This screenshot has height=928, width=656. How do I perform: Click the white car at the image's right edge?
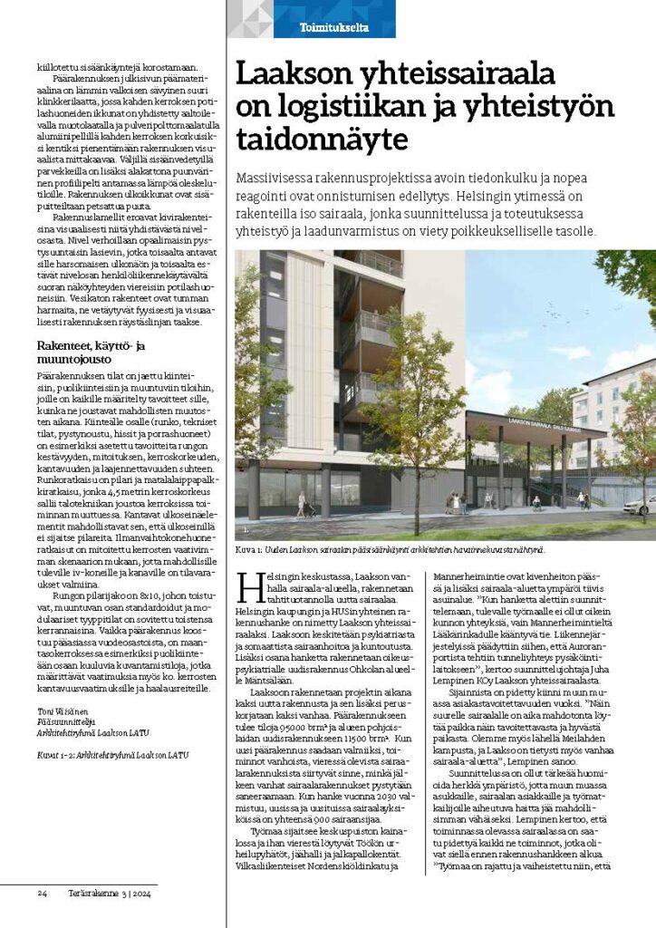(640, 505)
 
